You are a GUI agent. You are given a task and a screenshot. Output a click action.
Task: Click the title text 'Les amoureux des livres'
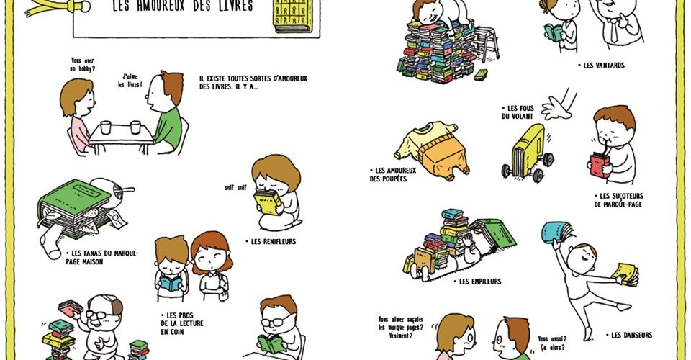click(x=183, y=6)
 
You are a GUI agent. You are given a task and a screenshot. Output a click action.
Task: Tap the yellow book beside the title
click(x=293, y=16)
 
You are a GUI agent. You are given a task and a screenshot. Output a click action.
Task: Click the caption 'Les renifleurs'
click(x=271, y=241)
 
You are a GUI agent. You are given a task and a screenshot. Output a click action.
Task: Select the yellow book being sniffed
click(x=267, y=202)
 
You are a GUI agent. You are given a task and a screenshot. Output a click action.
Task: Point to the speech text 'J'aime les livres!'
click(x=130, y=81)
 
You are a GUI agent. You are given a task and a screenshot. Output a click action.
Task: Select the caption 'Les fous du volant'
click(x=518, y=112)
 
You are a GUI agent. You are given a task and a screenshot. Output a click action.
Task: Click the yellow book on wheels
click(x=527, y=153)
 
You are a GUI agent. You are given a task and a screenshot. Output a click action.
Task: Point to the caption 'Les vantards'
click(x=601, y=66)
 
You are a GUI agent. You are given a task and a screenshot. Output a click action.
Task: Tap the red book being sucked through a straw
click(x=600, y=166)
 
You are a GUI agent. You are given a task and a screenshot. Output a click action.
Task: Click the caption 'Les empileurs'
click(x=477, y=281)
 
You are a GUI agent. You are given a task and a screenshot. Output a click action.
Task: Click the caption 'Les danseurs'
click(x=628, y=335)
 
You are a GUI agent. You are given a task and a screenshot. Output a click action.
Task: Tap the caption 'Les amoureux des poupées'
click(x=393, y=174)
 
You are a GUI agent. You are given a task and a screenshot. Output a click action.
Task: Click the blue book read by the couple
click(x=171, y=283)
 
